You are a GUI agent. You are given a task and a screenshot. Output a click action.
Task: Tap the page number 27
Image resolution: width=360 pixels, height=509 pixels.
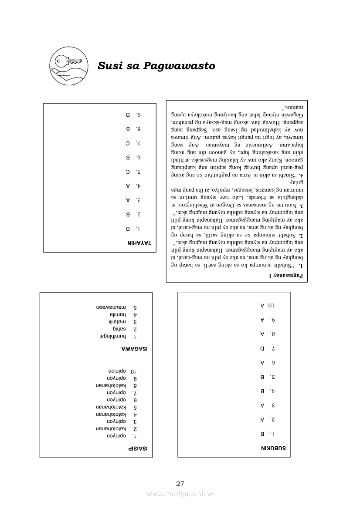[x=180, y=483]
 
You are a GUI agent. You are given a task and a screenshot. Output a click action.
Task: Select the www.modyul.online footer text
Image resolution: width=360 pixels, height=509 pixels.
[x=180, y=494]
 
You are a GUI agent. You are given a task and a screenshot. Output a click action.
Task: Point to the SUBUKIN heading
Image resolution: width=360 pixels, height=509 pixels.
[x=273, y=448]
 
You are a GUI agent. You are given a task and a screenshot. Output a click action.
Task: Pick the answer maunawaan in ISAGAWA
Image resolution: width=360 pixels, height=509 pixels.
[x=111, y=307]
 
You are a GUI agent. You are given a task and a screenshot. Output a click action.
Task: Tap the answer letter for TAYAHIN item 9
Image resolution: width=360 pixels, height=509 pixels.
[x=128, y=115]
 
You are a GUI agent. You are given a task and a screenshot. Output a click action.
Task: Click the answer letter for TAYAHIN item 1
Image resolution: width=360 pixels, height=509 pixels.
[x=128, y=229]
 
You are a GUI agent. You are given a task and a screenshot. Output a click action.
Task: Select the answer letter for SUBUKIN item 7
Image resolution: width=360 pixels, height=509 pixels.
[x=262, y=348]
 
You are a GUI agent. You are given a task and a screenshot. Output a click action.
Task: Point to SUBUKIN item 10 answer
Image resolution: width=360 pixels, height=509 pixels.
[x=262, y=306]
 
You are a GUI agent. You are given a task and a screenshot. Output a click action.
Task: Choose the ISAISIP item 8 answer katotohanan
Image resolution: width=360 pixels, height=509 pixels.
[x=111, y=386]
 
